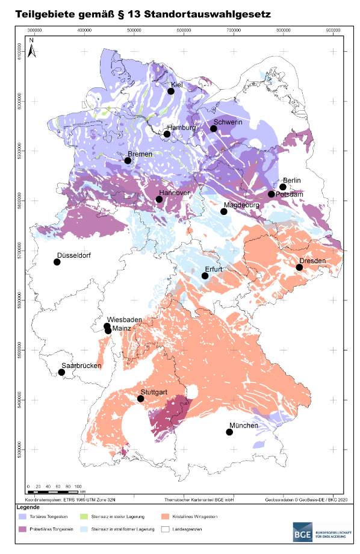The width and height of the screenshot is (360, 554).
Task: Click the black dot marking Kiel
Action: pos(171,91)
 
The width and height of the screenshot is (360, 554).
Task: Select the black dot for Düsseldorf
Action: pos(57,262)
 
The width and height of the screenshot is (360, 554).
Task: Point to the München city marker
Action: pos(229,432)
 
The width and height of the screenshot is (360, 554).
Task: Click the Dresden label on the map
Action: pos(312,261)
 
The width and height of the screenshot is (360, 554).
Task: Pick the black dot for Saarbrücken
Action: pos(61,372)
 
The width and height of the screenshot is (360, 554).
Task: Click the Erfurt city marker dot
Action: pos(205,276)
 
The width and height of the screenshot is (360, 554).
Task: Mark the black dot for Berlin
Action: pos(283,187)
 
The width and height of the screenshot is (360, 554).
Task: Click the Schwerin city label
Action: pos(228,122)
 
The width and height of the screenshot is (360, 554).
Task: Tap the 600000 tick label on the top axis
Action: pos(184,29)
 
